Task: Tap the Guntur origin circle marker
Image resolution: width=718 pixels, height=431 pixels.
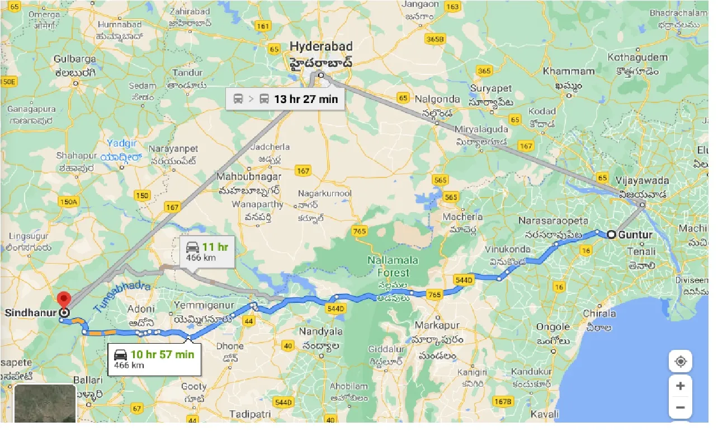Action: (x=612, y=235)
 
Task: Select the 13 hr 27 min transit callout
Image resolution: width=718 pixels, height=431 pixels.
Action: (x=285, y=99)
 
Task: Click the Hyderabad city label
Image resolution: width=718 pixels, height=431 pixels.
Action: (x=321, y=46)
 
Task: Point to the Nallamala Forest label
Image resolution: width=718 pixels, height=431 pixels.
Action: (x=389, y=266)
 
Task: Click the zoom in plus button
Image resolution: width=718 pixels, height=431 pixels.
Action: (x=680, y=386)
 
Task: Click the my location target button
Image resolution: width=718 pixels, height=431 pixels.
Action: (x=680, y=361)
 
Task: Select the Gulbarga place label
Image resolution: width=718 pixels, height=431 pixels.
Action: (x=75, y=59)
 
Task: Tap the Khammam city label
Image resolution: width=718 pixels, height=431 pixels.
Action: (x=569, y=72)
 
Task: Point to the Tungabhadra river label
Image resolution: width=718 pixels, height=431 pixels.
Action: (x=122, y=296)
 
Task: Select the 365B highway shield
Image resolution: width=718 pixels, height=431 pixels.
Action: (x=434, y=39)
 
